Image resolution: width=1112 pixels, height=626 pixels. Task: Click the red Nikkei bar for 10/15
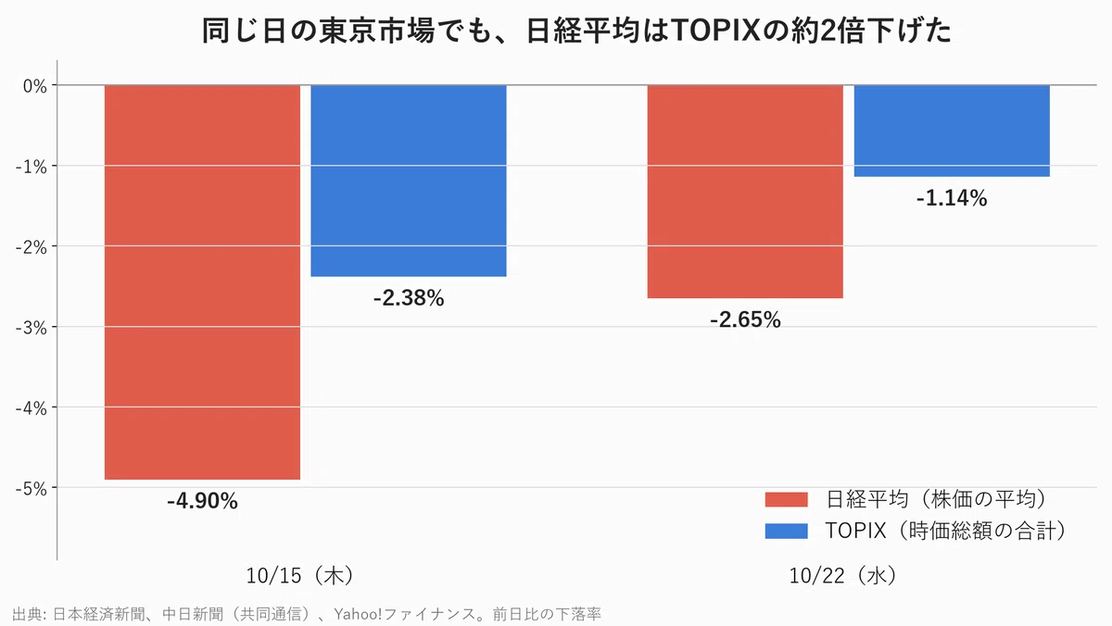coord(202,282)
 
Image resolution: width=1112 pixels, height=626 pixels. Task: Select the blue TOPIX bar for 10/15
coord(409,181)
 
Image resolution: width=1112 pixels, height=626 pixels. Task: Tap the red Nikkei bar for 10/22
coord(745,192)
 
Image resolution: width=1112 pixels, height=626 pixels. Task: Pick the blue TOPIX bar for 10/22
coord(952,131)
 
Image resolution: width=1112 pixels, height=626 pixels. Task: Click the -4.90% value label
coord(202,501)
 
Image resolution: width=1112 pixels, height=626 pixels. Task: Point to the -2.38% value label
coord(409,298)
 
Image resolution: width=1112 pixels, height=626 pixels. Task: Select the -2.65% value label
coord(745,319)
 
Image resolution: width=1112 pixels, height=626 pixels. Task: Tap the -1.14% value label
coord(952,198)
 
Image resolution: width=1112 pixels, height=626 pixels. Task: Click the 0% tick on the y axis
coord(35,86)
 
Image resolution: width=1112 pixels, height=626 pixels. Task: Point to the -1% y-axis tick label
coord(31,168)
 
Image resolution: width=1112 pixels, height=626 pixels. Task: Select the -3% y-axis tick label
coord(31,328)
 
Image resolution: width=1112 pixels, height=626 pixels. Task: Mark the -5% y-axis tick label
coord(31,489)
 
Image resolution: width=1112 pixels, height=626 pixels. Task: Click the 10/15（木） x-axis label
coord(301,575)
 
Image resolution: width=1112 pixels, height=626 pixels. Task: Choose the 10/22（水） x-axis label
coord(844,575)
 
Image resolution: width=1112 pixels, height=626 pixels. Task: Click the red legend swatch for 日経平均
coord(787,499)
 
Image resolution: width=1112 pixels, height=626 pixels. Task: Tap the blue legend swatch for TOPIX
coord(787,532)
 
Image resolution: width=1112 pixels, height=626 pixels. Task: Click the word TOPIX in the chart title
coord(715,31)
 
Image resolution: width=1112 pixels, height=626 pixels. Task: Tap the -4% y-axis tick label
coord(31,408)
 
